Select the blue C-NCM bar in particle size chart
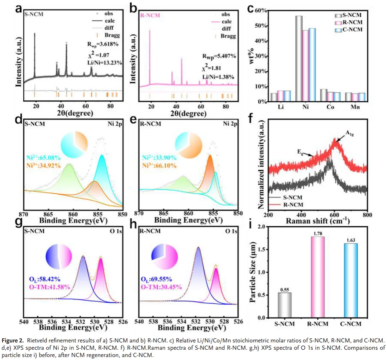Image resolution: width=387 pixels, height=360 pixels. pos(351,280)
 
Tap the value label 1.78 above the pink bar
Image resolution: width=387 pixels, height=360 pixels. pos(318,234)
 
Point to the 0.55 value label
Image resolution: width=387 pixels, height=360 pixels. pos(284,290)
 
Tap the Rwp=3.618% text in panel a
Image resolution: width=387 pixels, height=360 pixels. pos(103,44)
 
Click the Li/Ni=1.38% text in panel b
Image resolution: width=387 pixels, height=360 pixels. pos(218,77)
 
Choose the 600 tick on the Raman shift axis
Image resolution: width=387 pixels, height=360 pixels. pos(334,215)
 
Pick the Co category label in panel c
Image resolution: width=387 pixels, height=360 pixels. pos(330,107)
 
